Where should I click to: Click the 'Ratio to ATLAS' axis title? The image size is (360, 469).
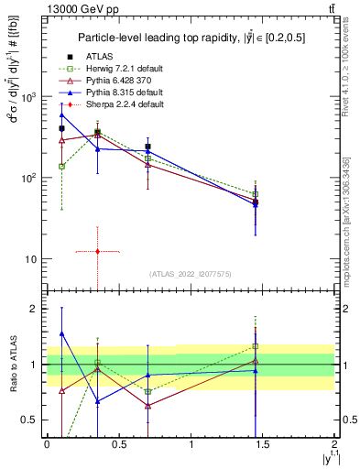click(15, 365)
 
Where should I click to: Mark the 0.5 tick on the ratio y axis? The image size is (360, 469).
click(33, 420)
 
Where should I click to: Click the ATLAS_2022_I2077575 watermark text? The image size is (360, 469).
click(191, 274)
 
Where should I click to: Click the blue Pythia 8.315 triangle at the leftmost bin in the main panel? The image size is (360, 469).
click(61, 115)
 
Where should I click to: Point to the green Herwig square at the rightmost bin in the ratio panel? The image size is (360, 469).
click(256, 346)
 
